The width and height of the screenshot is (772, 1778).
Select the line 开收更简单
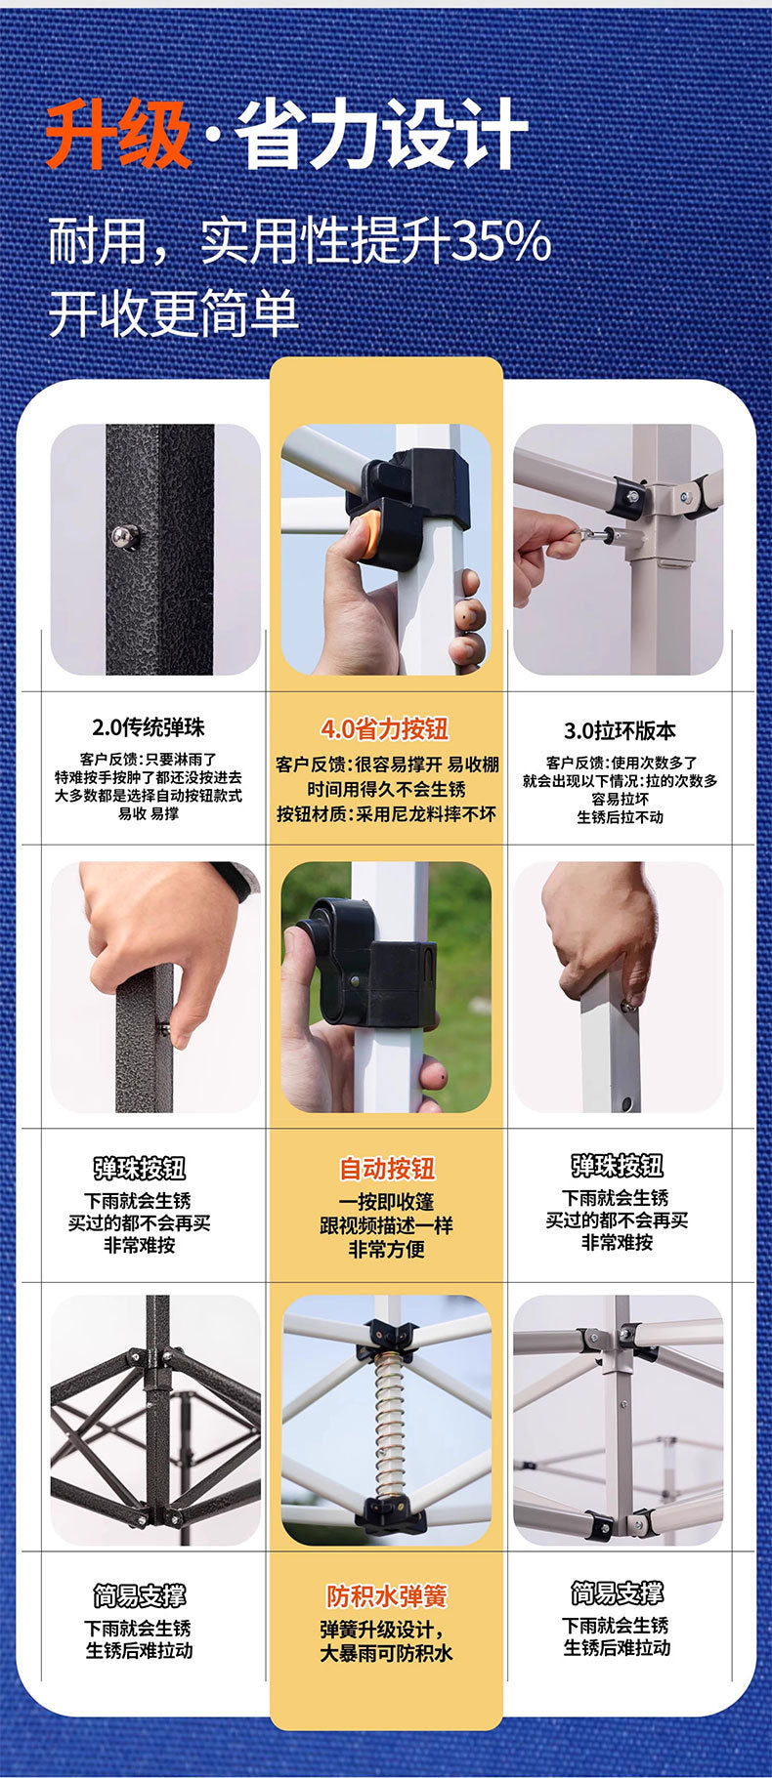[x=174, y=313]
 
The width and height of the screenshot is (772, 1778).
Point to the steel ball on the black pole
[x=126, y=536]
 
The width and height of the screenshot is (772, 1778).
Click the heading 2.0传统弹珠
[x=149, y=727]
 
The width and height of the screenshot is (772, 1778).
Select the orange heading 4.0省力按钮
[x=385, y=728]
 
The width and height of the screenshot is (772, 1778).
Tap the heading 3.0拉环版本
[x=620, y=730]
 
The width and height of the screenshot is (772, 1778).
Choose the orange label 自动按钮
[x=387, y=1168]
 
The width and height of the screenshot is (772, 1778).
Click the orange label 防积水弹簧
[x=387, y=1596]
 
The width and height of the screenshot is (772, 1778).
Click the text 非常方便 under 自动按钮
[x=387, y=1249]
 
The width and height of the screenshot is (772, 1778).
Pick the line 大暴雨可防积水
[x=387, y=1653]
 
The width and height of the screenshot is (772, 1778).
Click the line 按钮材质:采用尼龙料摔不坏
[x=387, y=813]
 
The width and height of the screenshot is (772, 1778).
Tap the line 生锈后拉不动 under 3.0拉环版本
[x=620, y=817]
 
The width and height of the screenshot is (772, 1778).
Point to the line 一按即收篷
[x=387, y=1202]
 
